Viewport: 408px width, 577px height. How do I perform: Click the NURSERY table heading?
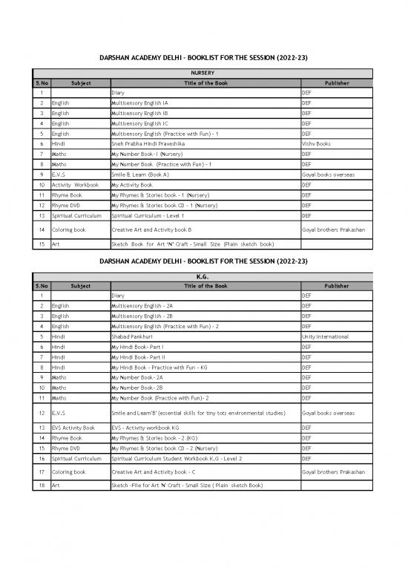[203, 74]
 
